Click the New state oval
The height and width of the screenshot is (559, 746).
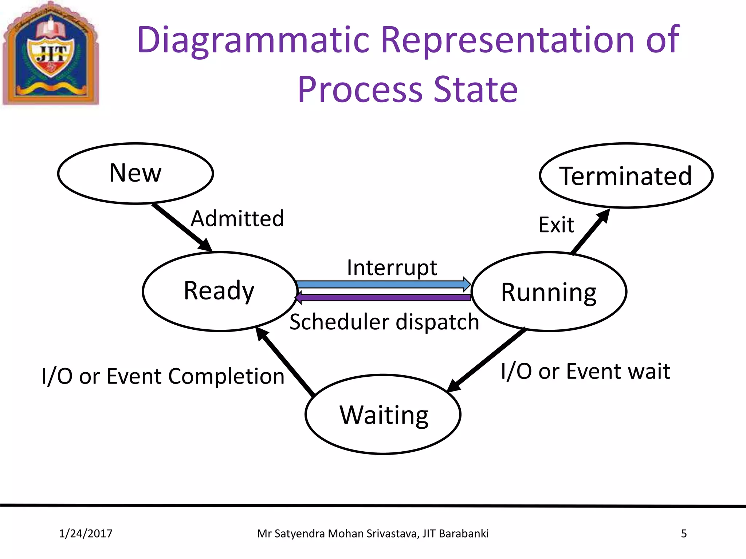pos(136,173)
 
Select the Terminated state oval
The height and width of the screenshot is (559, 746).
pos(626,175)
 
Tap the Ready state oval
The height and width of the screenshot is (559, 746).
pos(220,291)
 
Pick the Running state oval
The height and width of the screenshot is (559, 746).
pos(549,292)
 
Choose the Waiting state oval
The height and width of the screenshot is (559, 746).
pos(383,415)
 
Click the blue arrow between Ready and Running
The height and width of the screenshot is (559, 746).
pos(382,284)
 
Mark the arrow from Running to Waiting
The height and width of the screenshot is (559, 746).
pos(487,360)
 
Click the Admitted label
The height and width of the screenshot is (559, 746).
pos(237,219)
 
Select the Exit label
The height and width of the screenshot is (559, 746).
pos(556,225)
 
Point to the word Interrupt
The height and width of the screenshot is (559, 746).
pos(392,267)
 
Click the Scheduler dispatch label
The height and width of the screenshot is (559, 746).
pos(384,322)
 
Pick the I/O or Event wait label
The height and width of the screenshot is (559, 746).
pos(585,372)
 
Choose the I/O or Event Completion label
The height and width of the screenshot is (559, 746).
pos(163,376)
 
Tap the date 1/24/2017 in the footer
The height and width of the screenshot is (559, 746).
pos(86,534)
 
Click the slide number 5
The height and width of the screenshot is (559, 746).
pos(684,534)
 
